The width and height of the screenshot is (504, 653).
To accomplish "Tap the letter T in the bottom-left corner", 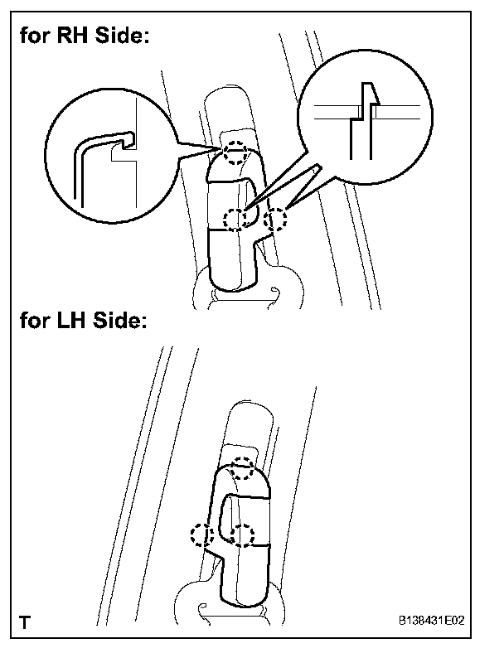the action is tap(27, 621).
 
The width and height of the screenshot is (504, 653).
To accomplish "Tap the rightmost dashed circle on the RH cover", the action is tap(277, 220).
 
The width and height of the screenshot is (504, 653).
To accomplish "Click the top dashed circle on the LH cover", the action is tap(242, 468).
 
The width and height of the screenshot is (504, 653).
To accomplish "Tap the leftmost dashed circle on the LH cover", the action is tap(200, 534).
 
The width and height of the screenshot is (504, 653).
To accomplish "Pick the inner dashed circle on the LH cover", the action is tap(241, 534).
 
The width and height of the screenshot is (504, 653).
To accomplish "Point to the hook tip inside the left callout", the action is tap(130, 135).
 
